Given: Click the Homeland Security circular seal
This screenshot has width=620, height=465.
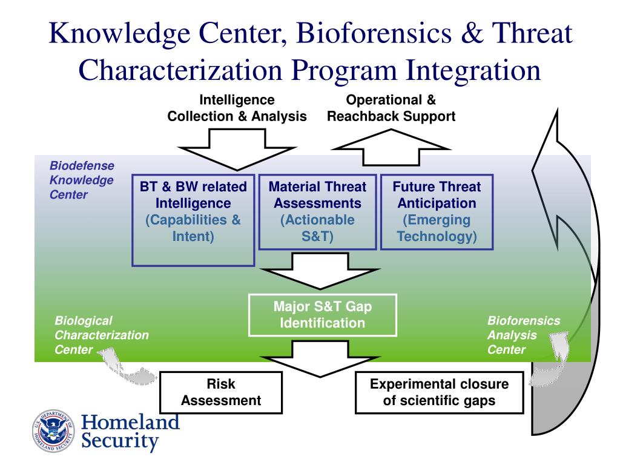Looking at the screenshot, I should point(53,432).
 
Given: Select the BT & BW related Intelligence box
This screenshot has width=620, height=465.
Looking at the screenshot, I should point(193,220).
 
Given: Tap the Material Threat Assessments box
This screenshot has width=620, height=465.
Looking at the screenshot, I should point(317,212).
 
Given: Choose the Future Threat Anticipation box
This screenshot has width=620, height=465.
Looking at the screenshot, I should point(437,212).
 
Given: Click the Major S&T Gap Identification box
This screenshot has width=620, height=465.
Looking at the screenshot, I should point(322,315).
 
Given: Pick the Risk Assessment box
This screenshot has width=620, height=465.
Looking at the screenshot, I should point(221,392).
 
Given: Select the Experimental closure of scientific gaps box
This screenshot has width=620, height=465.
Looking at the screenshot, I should point(439,392).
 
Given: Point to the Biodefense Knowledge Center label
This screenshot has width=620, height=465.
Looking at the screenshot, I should point(81,180).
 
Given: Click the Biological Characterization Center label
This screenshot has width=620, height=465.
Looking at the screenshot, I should point(101,335).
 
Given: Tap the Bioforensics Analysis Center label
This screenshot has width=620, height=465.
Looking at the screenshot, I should point(524,335).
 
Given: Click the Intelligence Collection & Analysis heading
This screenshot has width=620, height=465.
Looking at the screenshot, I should point(237,108).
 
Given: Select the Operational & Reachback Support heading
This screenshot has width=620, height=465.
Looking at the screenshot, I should point(391,108).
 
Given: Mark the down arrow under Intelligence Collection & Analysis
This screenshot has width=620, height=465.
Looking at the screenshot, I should point(237,149).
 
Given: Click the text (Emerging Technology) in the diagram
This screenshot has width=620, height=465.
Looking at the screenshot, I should point(437,228).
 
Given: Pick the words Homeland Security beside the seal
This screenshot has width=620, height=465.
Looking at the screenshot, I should point(130,431).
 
